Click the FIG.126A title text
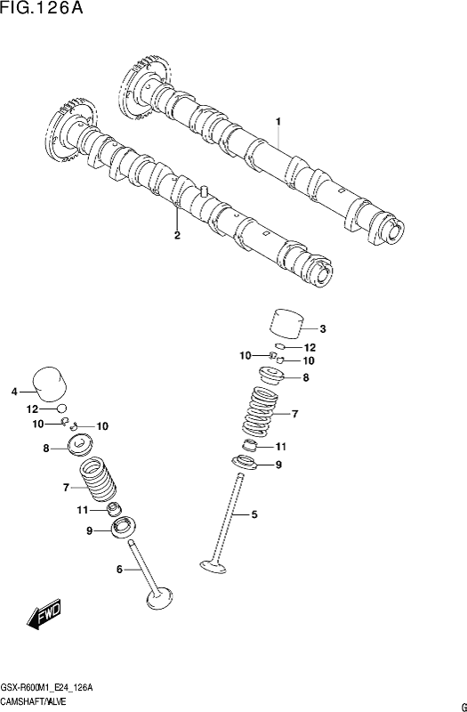click(x=42, y=8)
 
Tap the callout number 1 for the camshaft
click(x=278, y=122)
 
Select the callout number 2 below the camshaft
click(x=177, y=235)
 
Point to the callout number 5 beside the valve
click(x=254, y=514)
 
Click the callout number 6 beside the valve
click(x=120, y=569)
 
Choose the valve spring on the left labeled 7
click(x=98, y=480)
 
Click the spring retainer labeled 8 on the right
click(x=271, y=376)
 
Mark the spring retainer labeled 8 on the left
click(x=79, y=445)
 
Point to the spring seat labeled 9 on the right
click(x=245, y=463)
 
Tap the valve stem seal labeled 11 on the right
click(x=252, y=446)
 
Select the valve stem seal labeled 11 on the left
click(x=114, y=509)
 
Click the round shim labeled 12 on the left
click(x=61, y=408)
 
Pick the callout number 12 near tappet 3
click(x=310, y=348)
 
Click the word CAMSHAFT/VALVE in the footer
click(x=34, y=700)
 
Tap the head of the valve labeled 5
click(x=213, y=566)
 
